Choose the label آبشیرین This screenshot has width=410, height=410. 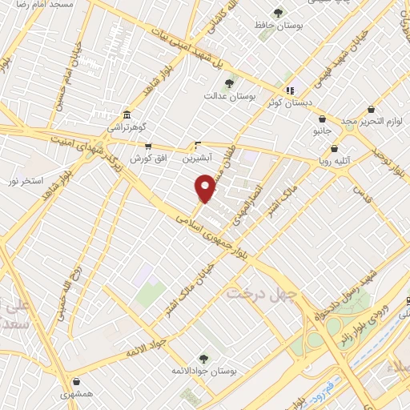[x=199, y=159]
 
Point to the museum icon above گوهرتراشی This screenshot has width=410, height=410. [x=127, y=114]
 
